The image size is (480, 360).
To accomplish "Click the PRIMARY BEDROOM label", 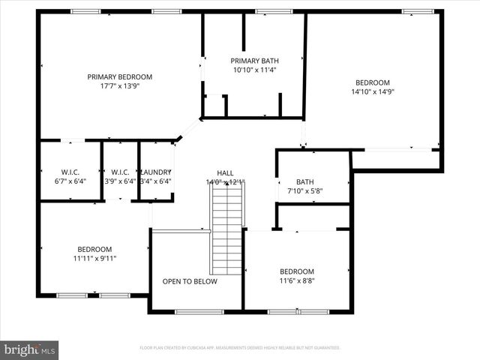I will coord(119,76).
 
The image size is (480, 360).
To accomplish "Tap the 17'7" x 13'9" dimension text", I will coord(119,86).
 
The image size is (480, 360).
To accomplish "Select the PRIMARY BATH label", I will coord(254,61).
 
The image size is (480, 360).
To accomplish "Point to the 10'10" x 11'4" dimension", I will coord(254,70).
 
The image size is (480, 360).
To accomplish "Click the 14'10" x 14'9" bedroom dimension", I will coord(373,91).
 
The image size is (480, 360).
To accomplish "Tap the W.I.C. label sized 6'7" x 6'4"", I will coord(70,172).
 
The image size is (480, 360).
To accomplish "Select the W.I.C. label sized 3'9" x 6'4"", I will coord(120,172).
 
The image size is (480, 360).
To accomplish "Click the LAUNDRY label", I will coord(156,172).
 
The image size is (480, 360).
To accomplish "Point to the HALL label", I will coord(225,172).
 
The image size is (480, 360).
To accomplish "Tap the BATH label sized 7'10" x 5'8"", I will coord(304,181).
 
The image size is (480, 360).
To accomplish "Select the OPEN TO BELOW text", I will coord(190,281).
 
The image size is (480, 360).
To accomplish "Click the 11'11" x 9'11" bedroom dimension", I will coord(94,259).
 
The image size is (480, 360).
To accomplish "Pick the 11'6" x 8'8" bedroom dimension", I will coord(297,281).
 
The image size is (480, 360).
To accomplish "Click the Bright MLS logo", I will coord(30,349).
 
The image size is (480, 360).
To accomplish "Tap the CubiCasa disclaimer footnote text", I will coord(240,348).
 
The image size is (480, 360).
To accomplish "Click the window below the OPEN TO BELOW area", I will coord(199,311).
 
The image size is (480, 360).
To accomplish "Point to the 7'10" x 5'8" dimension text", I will coord(304,190).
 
